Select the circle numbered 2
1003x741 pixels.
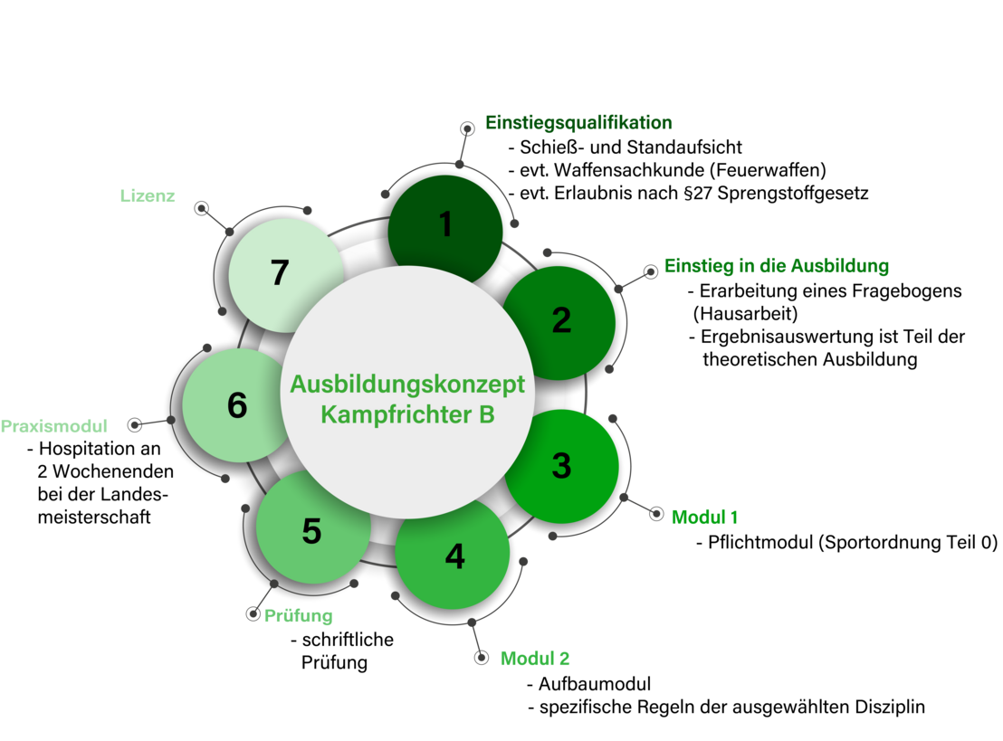(561, 321)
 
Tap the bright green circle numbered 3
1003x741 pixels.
(562, 467)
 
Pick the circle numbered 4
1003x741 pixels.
(454, 556)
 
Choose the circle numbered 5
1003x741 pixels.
(311, 532)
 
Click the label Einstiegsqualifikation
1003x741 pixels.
(579, 123)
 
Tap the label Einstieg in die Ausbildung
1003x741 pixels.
(777, 266)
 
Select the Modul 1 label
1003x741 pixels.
(704, 518)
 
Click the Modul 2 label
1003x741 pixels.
(535, 659)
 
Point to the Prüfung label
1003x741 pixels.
(299, 617)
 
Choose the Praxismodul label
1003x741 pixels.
(54, 425)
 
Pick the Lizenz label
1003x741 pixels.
(148, 195)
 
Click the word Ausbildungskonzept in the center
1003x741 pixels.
(407, 385)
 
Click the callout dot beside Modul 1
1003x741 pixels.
(656, 514)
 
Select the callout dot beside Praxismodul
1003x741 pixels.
(135, 424)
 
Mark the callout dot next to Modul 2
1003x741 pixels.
(482, 658)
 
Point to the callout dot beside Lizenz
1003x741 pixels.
(202, 209)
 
